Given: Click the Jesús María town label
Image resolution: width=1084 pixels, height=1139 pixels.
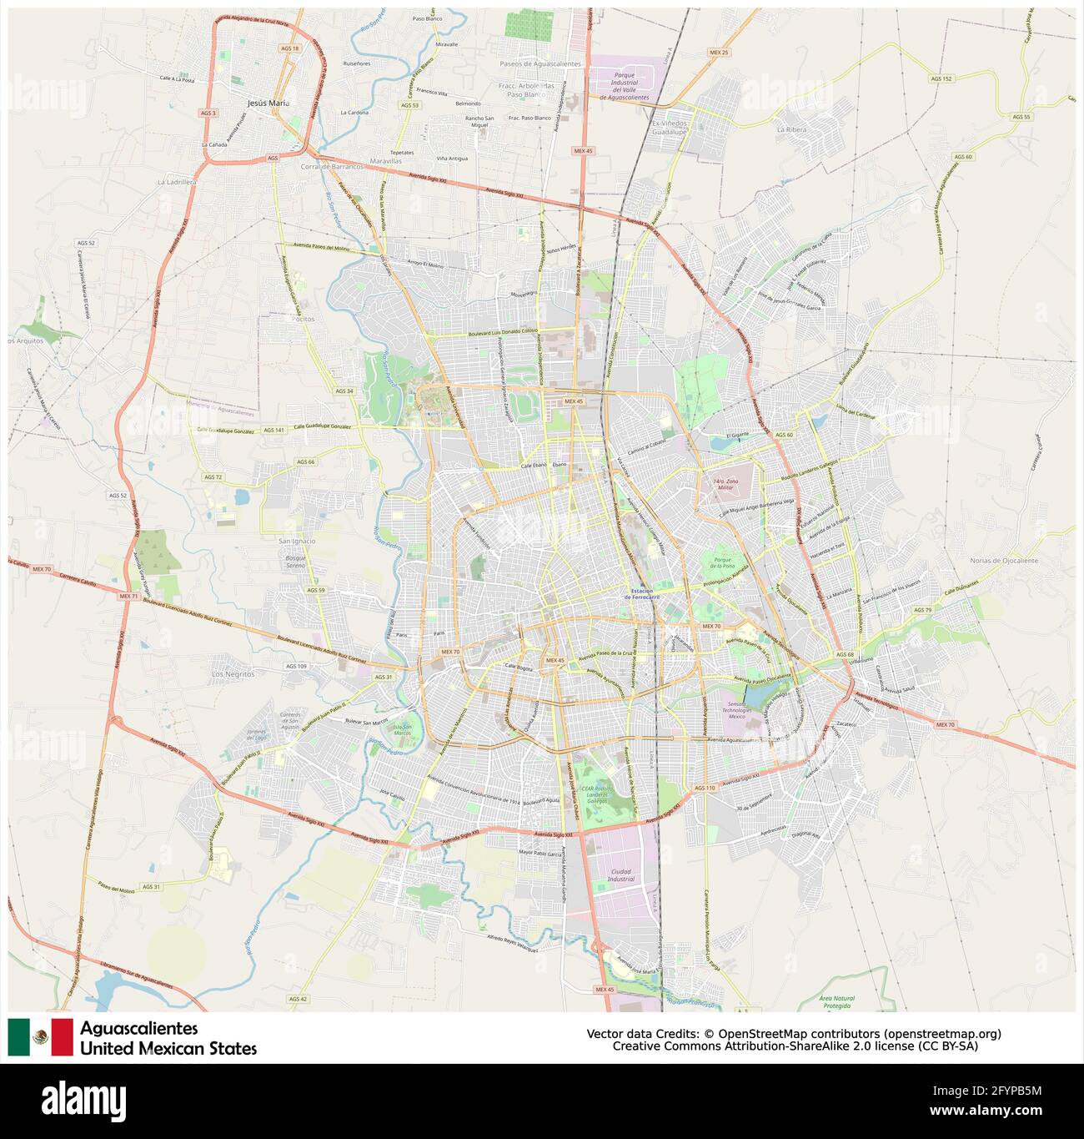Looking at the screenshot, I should click(268, 103).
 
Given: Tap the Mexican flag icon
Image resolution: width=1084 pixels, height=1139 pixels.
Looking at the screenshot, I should click(41, 1037).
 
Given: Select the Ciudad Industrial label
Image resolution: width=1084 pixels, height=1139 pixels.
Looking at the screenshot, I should click(620, 875).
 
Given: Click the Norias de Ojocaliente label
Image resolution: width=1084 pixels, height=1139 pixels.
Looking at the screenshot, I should click(1004, 561).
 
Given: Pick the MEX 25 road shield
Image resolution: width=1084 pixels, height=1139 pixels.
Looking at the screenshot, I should click(718, 52).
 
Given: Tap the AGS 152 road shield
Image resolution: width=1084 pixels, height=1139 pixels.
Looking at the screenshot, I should click(941, 78).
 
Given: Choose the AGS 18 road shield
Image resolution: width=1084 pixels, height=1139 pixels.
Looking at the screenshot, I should click(289, 48).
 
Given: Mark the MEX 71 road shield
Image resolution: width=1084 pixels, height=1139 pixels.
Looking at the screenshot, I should click(128, 597).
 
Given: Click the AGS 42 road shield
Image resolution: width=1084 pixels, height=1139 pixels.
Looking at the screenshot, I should click(298, 999).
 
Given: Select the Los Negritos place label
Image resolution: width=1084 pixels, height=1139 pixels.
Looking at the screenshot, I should click(233, 673).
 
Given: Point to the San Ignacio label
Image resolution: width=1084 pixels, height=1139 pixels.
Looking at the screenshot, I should click(297, 541).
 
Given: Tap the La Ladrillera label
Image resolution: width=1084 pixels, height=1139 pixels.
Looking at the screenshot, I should click(177, 181).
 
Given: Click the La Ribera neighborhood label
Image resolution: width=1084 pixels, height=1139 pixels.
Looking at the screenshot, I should click(792, 130).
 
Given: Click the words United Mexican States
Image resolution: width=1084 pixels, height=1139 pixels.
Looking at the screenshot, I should click(168, 1049).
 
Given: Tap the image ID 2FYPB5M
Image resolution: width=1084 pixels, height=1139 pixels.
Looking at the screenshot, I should click(1006, 1091).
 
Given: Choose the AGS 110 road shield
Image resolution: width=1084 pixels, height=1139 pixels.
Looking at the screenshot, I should click(705, 788).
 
